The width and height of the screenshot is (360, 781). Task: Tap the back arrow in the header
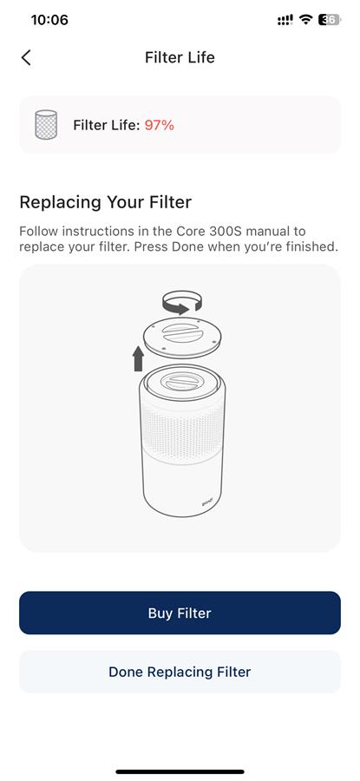[26, 58]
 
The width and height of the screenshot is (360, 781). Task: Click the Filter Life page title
[180, 58]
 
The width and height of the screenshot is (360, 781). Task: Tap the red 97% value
[160, 126]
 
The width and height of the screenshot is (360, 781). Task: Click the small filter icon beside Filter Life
[46, 124]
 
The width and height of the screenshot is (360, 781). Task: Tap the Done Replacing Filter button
[180, 672]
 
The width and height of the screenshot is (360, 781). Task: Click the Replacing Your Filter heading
[106, 203]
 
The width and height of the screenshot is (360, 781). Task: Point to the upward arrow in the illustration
[138, 358]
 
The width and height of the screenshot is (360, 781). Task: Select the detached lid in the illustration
[182, 337]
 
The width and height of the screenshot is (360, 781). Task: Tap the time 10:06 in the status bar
[49, 20]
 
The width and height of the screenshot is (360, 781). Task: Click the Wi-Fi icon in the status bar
[304, 20]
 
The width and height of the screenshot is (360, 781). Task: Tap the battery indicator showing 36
[330, 20]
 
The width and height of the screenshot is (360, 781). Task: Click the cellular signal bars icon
[285, 20]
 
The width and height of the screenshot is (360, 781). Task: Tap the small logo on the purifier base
[207, 503]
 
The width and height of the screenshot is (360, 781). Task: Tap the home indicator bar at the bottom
[180, 771]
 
